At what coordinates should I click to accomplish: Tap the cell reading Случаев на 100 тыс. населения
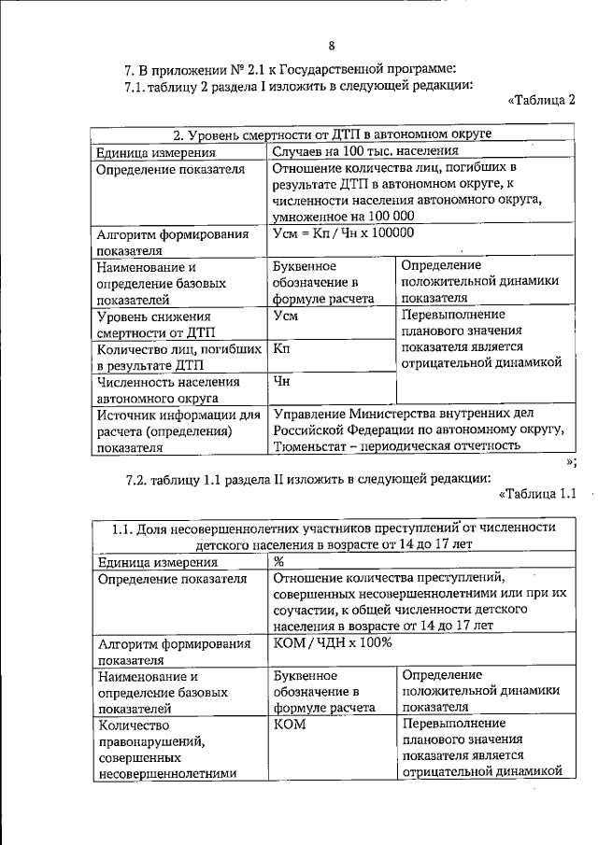click(x=365, y=151)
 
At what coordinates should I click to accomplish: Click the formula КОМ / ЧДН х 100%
click(x=332, y=643)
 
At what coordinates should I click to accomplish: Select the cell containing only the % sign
click(x=278, y=562)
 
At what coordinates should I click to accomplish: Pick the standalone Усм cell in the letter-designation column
click(x=286, y=316)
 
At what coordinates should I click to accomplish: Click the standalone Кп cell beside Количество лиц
click(x=280, y=348)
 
